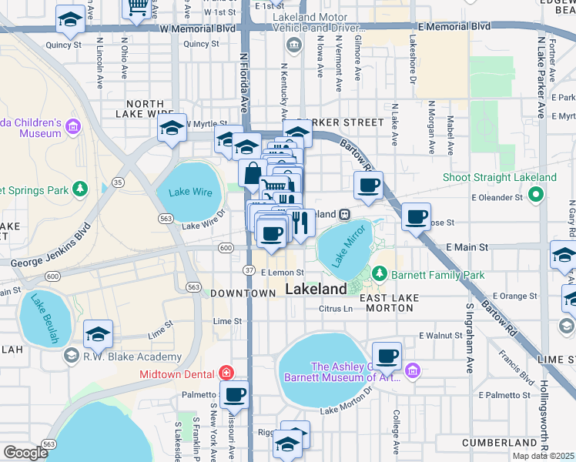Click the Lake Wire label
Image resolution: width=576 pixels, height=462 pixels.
(189, 192)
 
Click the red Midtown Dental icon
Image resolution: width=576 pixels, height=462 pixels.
(225, 373)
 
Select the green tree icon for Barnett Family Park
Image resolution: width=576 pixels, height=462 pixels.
(379, 274)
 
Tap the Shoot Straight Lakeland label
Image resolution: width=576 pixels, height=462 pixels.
(499, 178)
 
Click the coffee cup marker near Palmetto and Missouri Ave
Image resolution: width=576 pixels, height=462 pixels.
(234, 394)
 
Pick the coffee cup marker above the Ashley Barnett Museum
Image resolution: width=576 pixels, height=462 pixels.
(387, 356)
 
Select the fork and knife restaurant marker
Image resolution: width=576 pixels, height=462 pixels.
(300, 223)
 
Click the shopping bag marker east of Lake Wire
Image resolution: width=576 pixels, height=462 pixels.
(252, 174)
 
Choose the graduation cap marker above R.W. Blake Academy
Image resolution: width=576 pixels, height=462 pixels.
(99, 333)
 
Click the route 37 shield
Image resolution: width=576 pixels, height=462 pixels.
(249, 269)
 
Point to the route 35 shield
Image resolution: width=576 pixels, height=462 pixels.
(118, 182)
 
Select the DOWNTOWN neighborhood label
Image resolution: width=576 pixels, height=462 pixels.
(243, 293)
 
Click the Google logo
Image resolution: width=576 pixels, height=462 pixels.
(25, 453)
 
